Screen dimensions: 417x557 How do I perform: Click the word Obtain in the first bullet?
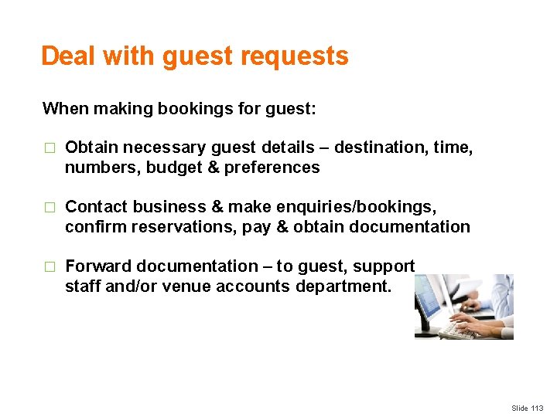coord(92,147)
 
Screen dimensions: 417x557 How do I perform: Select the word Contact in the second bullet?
coord(96,207)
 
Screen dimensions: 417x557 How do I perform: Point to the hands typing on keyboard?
coord(472,321)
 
